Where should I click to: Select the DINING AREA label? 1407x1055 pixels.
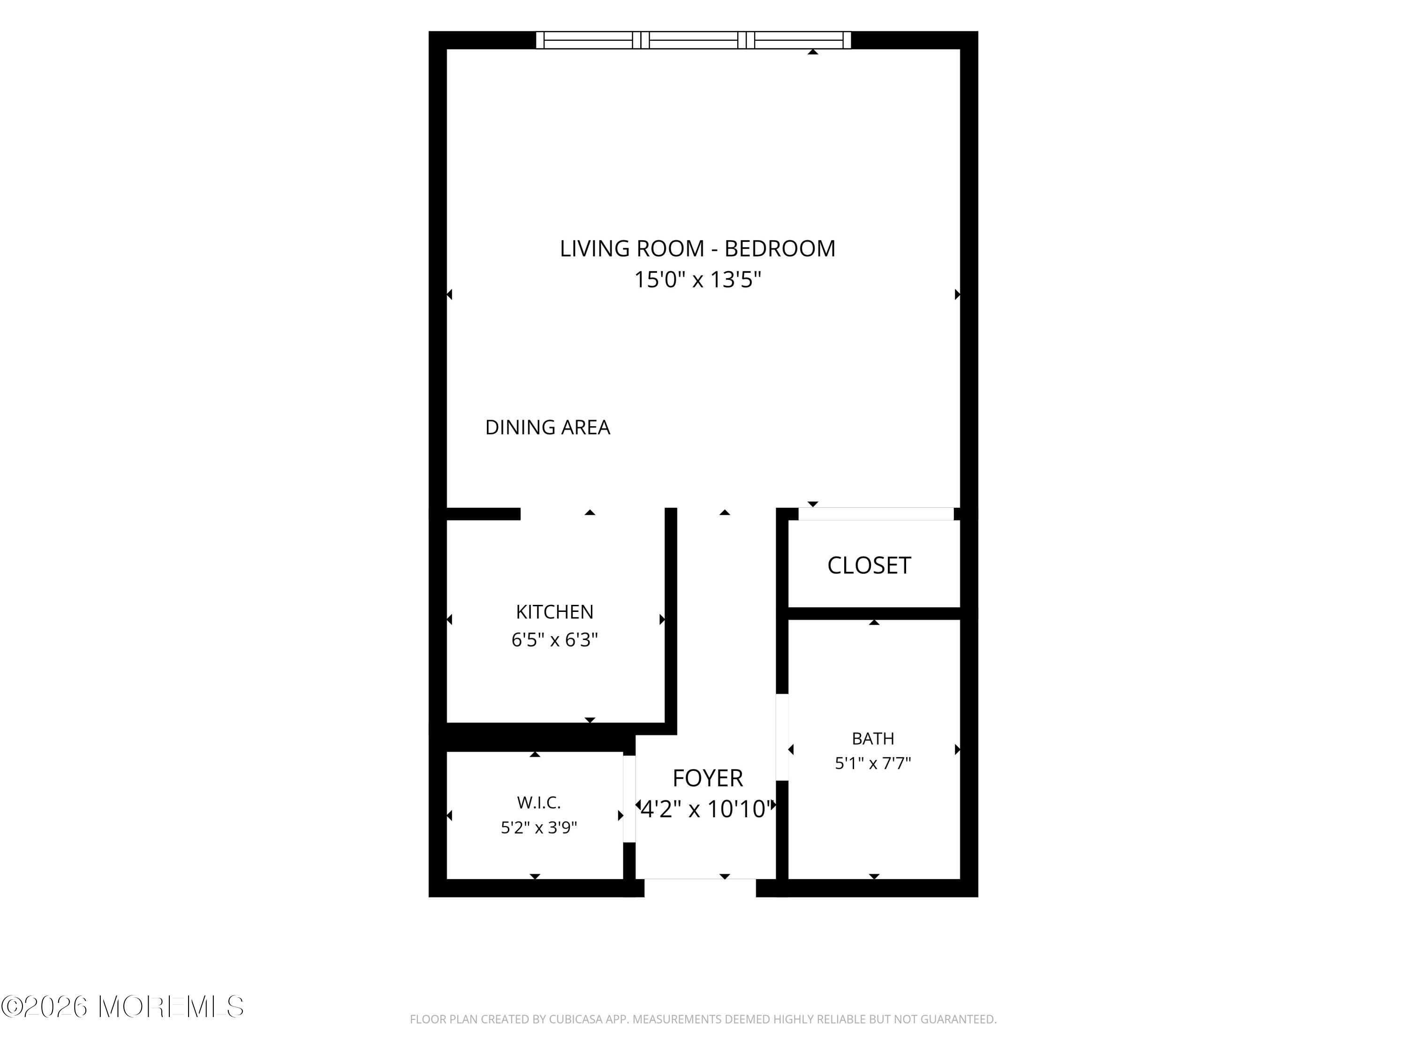pos(548,427)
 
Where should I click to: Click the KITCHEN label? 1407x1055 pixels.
pos(555,612)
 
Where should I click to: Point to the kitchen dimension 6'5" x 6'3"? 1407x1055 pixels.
pos(555,640)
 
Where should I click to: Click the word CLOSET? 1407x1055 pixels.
pos(869,565)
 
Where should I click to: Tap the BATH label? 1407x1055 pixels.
pos(873,739)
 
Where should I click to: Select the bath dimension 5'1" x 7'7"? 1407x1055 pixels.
pos(873,763)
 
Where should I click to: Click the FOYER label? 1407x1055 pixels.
pos(707,778)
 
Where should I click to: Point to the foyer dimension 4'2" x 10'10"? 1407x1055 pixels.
pos(707,809)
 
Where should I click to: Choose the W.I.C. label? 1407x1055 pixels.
pos(539,803)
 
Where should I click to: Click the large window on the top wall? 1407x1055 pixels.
pos(693,40)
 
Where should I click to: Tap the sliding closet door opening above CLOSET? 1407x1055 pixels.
pos(877,514)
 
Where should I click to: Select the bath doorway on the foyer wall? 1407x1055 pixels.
pos(782,737)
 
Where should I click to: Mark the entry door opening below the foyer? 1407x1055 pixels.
pos(700,888)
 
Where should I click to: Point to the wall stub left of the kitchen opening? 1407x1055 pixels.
pos(484,514)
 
